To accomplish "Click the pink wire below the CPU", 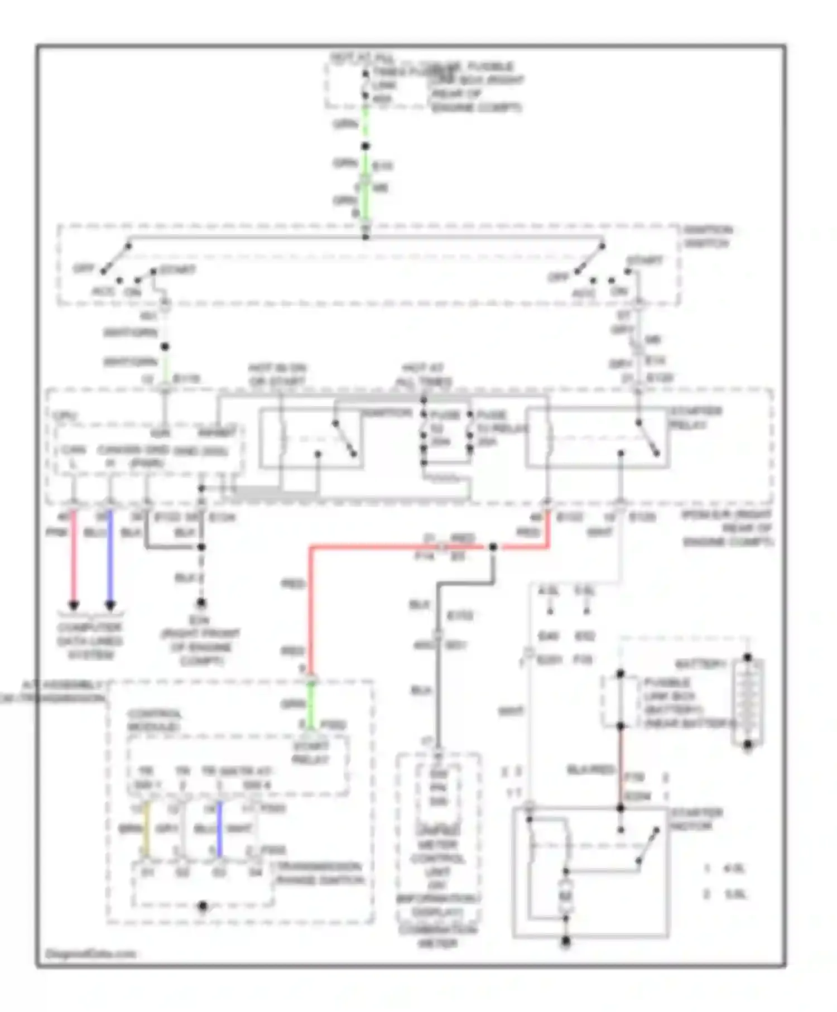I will tap(73, 558).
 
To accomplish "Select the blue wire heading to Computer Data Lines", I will tap(110, 558).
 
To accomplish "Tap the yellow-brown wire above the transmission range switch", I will tap(146, 829).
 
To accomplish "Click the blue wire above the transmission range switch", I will tap(219, 829).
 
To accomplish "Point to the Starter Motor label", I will tap(696, 819).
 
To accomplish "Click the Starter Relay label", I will tap(695, 418).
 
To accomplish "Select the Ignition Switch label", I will tap(708, 237).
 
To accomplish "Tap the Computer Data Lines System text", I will tap(89, 641).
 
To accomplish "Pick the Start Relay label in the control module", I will tap(310, 753).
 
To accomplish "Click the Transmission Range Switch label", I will tap(320, 874).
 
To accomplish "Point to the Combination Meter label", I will tap(437, 937).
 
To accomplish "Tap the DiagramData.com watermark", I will tap(90, 953).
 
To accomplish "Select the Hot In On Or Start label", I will tap(277, 374).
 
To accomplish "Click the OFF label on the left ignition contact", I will tap(84, 268).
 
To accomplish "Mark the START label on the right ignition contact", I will tap(644, 261).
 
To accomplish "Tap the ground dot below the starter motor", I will tap(565, 942).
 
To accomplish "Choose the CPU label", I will tap(65, 416).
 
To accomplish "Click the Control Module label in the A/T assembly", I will tap(153, 721).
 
